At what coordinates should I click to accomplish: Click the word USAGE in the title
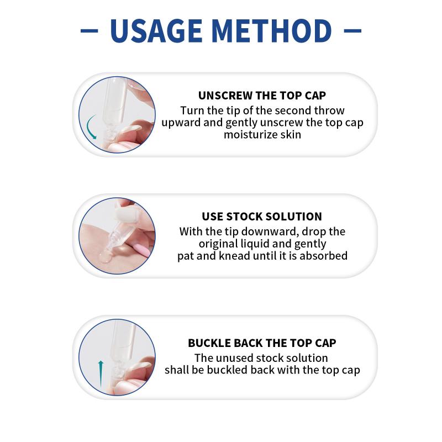coord(156,31)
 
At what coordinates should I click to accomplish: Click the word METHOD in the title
coord(271,31)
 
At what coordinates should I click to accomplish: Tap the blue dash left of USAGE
coord(89,30)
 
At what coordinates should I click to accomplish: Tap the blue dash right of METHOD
coord(352,30)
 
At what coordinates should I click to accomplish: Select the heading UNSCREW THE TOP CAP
coord(262,96)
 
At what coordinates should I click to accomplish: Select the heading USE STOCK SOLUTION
coord(262,217)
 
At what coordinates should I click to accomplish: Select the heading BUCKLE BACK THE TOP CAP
coord(262,343)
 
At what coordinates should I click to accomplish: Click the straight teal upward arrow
coord(101,374)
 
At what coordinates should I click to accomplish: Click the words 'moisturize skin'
coord(262,135)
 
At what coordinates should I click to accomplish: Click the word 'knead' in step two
coord(234,256)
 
